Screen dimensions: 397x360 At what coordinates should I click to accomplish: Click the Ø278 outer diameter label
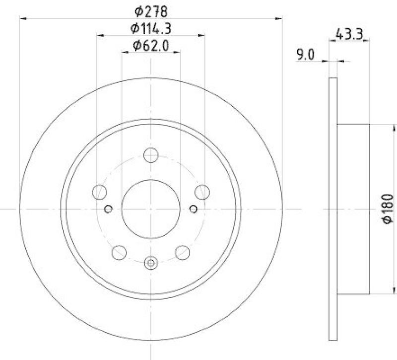151,11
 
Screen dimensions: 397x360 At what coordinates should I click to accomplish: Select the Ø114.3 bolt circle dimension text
151,28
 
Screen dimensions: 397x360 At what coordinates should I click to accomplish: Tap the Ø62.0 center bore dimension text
151,46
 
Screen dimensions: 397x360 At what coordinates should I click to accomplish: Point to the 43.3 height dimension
349,34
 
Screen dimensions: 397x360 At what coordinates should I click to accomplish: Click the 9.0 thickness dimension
305,55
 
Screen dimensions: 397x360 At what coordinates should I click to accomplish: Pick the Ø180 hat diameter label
388,209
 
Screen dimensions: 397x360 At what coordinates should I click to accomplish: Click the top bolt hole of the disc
151,155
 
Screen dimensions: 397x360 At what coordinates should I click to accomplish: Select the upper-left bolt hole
99,192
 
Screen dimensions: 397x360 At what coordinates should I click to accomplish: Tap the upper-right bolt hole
202,192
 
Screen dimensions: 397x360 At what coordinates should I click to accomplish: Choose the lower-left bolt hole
119,253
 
